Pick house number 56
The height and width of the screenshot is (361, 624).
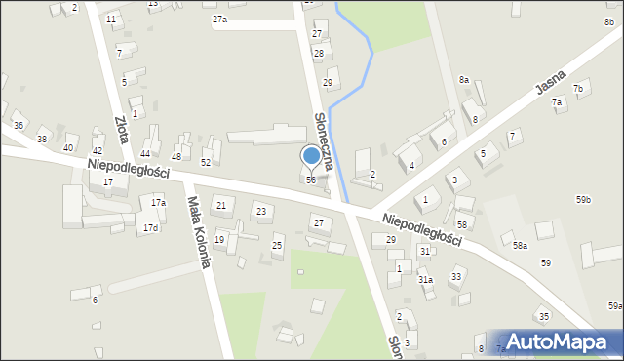311,180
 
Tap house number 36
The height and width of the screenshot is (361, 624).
18,126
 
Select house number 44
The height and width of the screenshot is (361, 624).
145,154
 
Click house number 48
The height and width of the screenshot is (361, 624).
176,157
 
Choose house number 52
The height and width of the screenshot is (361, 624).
206,162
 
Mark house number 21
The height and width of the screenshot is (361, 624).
221,205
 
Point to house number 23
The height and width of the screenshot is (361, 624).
260,211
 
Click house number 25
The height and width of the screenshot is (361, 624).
277,245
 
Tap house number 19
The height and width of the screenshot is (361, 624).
219,240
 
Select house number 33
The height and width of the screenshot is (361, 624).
456,277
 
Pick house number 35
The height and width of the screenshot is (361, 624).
544,316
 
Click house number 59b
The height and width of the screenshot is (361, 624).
583,200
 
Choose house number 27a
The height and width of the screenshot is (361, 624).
219,20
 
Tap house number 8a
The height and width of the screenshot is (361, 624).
464,80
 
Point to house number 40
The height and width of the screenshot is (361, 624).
68,147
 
